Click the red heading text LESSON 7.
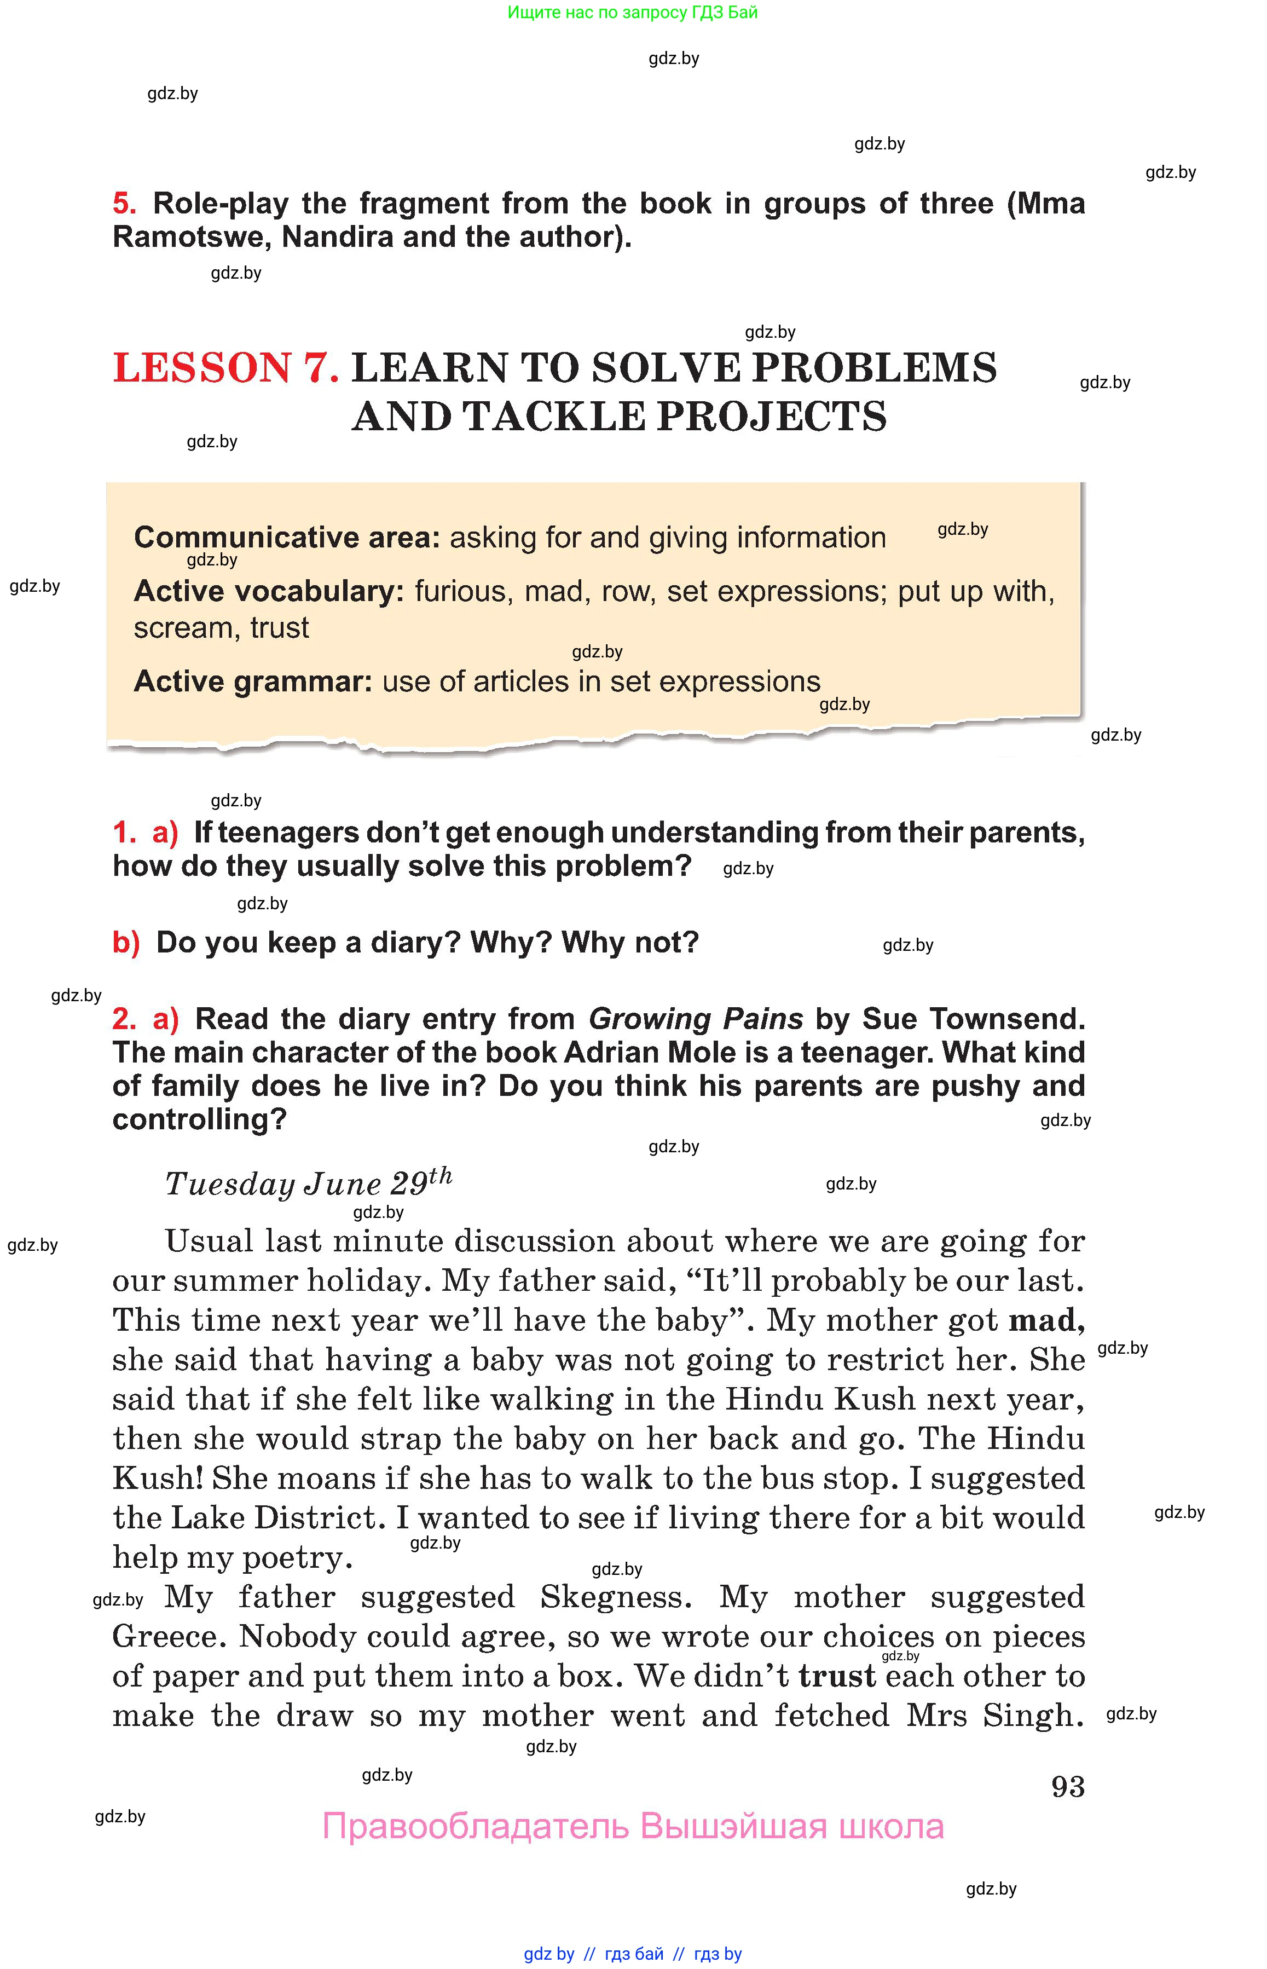(225, 368)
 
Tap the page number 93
(1067, 1786)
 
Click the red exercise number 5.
(123, 203)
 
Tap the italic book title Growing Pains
(695, 1019)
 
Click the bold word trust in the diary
(837, 1676)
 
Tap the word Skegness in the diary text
(615, 1597)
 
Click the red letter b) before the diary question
(126, 942)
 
